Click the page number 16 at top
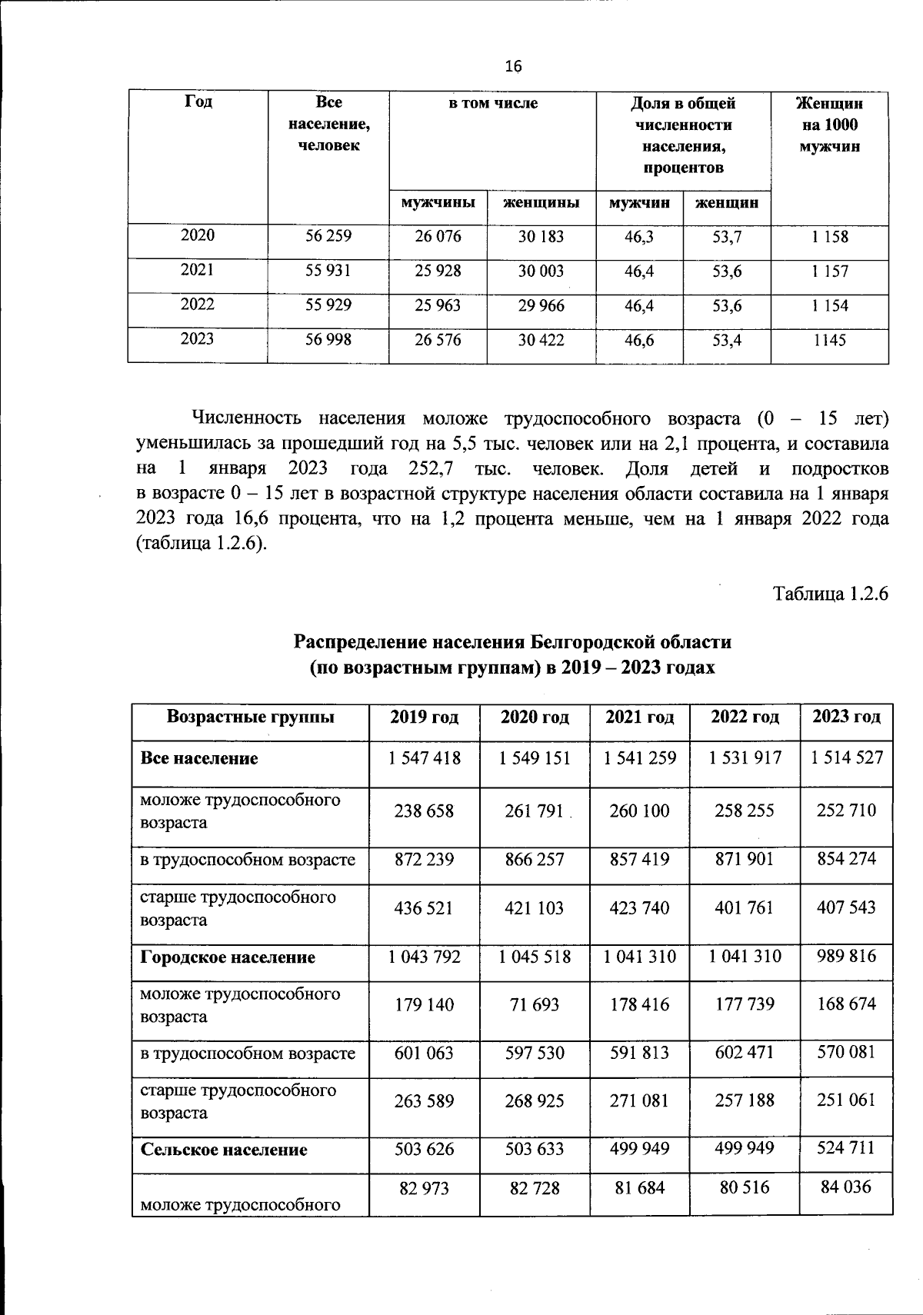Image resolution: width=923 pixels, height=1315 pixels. coord(513,67)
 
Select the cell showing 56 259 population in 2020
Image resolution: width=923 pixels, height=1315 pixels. coord(328,236)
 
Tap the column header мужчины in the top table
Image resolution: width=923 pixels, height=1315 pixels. coord(438,203)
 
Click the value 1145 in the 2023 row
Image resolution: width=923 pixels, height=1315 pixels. coord(829,340)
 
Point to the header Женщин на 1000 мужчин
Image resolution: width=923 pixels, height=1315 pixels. coord(829,125)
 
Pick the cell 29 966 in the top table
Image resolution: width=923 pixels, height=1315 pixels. coord(541,305)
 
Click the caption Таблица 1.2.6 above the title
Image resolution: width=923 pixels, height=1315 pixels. coord(831,594)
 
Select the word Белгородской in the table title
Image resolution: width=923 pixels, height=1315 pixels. coord(592,641)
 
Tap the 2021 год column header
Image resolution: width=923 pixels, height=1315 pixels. coord(640,717)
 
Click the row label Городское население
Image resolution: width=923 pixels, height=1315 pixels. coord(228,957)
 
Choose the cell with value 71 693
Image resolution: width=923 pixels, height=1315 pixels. coord(535,1004)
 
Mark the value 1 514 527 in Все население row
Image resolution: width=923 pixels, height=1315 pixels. coord(846,758)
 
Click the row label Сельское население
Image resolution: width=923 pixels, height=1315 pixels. coord(224,1150)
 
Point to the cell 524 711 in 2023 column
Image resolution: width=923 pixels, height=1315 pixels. coord(846,1149)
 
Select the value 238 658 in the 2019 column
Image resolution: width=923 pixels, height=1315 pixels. coord(424,811)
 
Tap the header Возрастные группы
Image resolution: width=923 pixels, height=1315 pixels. coord(251,717)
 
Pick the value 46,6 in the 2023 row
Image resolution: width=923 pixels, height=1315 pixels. coord(638,340)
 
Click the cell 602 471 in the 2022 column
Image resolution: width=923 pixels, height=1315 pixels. coord(745,1052)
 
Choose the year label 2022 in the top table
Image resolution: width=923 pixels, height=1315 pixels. coord(197,305)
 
